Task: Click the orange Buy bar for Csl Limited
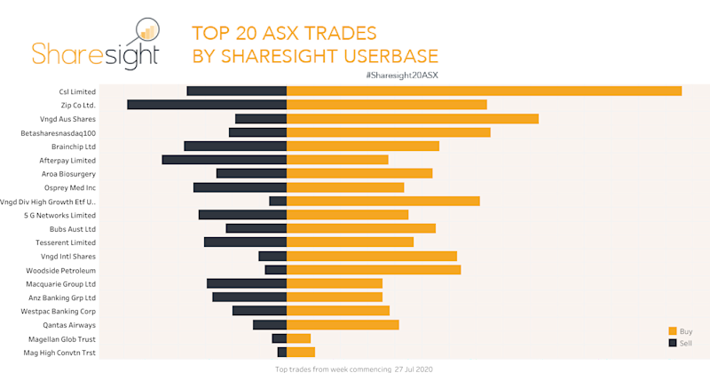[x=484, y=91]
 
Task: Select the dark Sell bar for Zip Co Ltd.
[x=207, y=105]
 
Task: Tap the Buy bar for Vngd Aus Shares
[x=413, y=118]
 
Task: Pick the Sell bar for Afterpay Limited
[x=224, y=160]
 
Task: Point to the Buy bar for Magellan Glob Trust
[x=298, y=338]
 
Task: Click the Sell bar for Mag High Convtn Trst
[x=282, y=353]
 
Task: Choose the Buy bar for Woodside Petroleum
[x=374, y=270]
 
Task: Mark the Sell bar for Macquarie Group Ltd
[x=247, y=283]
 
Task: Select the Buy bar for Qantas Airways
[x=343, y=325]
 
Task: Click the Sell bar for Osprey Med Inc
[x=240, y=187]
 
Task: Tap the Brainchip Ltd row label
[x=74, y=147]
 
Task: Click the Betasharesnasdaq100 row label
[x=58, y=132]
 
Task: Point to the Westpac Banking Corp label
[x=59, y=312]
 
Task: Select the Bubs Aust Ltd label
[x=73, y=229]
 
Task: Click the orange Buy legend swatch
[x=673, y=331]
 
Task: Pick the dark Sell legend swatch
[x=673, y=342]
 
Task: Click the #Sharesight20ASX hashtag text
[x=402, y=75]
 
